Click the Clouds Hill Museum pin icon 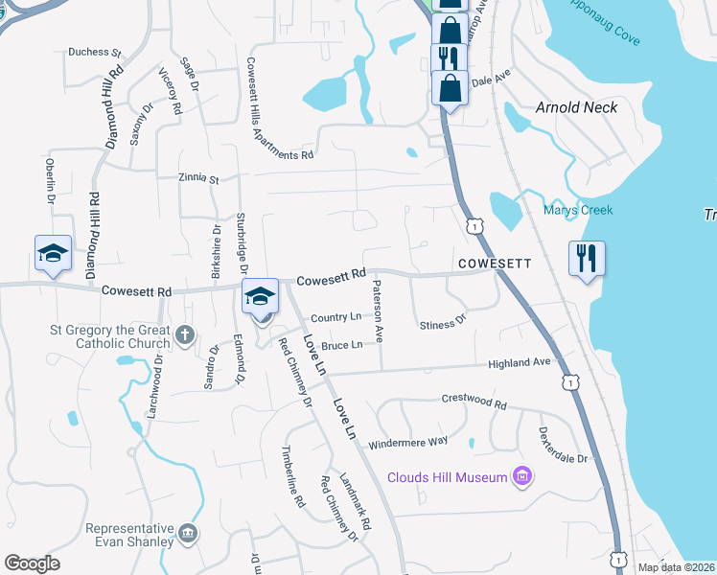tap(521, 476)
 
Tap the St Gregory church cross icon tap(186, 336)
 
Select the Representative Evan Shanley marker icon tap(188, 533)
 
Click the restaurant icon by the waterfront tap(586, 258)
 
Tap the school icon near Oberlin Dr tap(54, 253)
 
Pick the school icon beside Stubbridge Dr tap(260, 296)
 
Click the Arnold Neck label tap(576, 107)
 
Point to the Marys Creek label tap(577, 210)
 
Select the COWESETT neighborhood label tap(494, 262)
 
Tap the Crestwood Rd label tap(473, 400)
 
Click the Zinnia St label tap(198, 178)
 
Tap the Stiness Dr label tap(442, 325)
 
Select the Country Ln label tap(335, 317)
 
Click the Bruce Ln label tap(341, 345)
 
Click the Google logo tap(32, 563)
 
